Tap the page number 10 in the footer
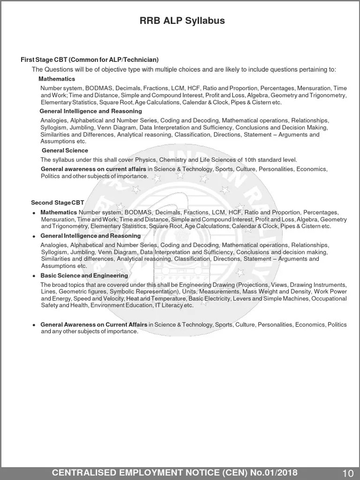point(348,473)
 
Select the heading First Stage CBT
point(45,60)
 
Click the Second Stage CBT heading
point(58,202)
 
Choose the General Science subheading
point(65,150)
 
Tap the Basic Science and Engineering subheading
point(84,276)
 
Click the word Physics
point(147,160)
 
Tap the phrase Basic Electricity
point(210,299)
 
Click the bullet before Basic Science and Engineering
point(34,276)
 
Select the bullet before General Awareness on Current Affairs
point(34,325)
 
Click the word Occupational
point(330,299)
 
